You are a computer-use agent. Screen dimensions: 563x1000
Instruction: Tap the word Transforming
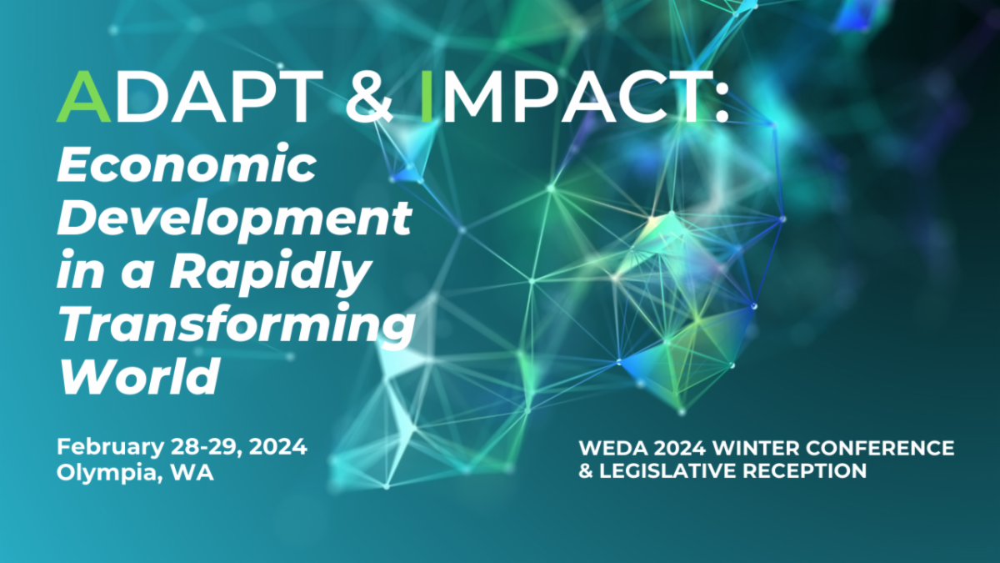click(236, 325)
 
